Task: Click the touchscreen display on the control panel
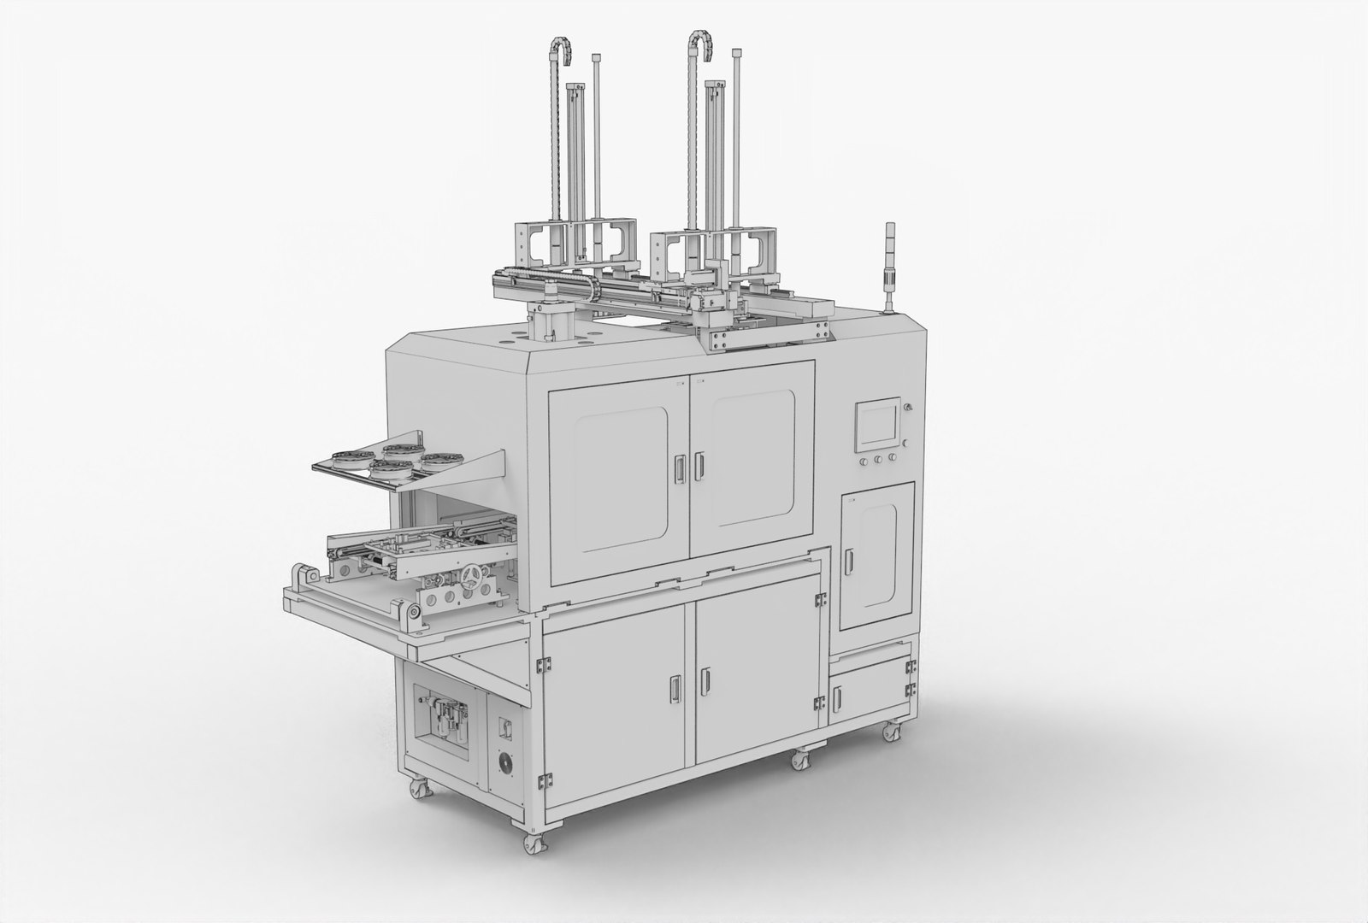[878, 425]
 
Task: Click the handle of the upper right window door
[699, 465]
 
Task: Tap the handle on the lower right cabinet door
[706, 680]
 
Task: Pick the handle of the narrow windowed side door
[849, 561]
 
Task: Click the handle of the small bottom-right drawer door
[837, 697]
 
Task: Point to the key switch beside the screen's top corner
[908, 407]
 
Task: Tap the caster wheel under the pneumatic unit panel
[421, 789]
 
